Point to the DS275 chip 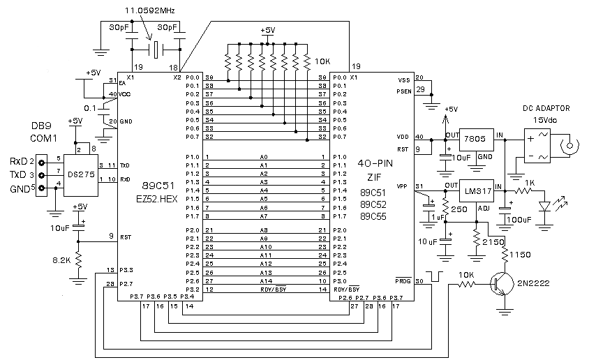tap(80, 174)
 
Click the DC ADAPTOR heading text tap(546, 108)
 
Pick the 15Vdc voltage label tap(546, 120)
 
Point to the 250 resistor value tap(458, 209)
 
